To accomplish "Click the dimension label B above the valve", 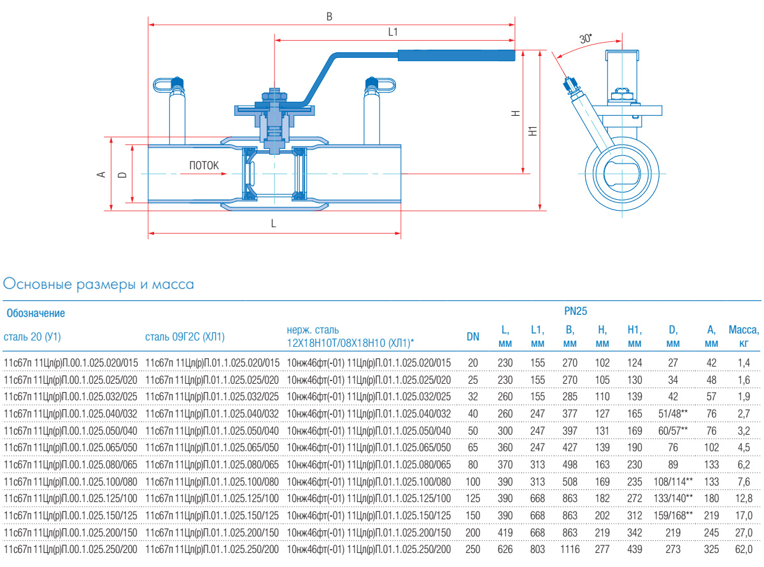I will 329,17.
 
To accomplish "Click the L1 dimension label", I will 393,31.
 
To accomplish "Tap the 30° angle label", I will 585,39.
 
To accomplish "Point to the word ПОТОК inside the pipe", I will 204,165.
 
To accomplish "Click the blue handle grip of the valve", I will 456,55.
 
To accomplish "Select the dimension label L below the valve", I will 274,224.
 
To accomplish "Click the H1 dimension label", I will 533,130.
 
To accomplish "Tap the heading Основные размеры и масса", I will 99,284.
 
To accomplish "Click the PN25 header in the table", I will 576,312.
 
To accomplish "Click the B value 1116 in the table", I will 570,549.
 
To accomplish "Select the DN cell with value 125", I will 473,498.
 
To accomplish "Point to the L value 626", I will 505,549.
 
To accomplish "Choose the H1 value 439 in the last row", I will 633,549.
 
